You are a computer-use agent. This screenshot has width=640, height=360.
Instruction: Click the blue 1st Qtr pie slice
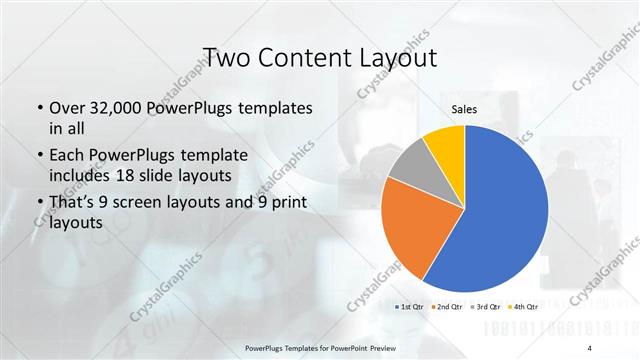pos(500,210)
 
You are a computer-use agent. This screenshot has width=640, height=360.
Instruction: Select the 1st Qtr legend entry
pos(410,306)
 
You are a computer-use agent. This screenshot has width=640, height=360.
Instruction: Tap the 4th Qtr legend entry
pos(524,306)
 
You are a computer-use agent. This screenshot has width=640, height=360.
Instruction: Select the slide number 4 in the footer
pos(590,347)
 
